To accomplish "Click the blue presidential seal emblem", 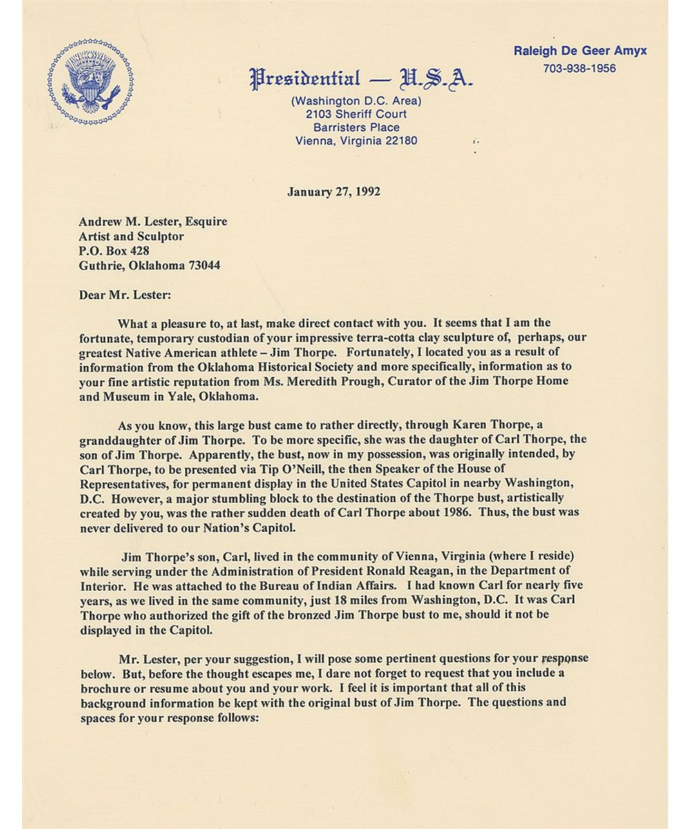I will [x=91, y=82].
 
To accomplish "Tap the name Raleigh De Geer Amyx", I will [x=580, y=51].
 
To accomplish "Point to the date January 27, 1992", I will [x=334, y=192].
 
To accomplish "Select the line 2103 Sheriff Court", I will [x=356, y=114].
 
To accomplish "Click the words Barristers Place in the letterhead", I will [x=356, y=128].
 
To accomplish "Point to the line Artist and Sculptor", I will [x=131, y=236].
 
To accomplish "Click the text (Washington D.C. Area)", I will [x=356, y=101].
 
